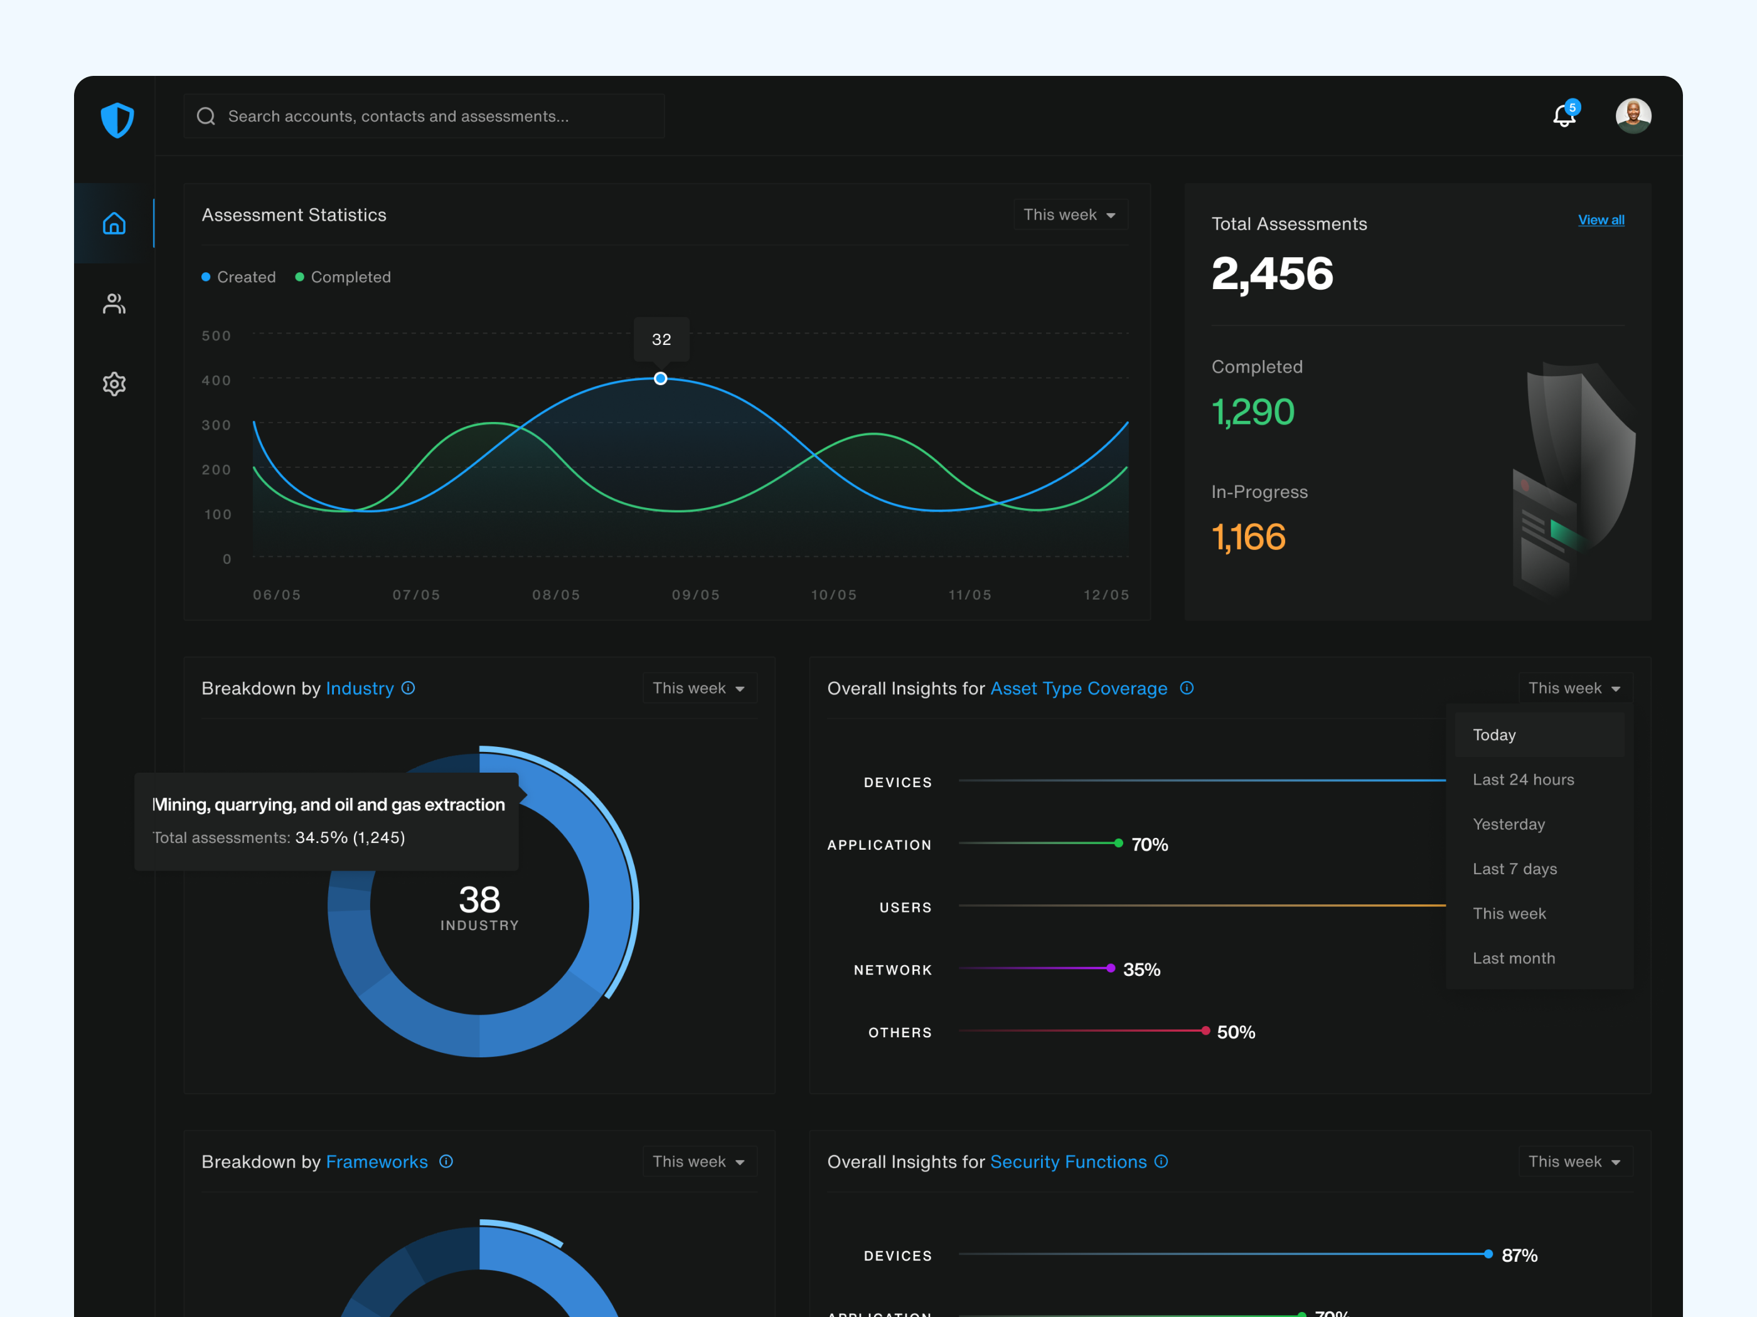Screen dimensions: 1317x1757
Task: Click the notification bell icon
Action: point(1563,117)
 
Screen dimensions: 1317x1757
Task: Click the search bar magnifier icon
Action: point(206,117)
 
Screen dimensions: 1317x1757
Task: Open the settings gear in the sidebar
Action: point(114,384)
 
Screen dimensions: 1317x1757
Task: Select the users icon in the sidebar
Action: point(114,304)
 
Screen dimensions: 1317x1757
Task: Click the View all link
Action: point(1601,220)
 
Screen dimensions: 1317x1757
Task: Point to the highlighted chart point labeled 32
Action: point(660,379)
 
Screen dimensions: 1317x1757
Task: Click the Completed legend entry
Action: point(343,277)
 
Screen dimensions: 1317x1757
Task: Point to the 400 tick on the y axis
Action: point(216,380)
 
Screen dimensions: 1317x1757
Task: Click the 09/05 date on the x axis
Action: point(696,595)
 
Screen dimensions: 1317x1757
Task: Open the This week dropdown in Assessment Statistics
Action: point(1069,214)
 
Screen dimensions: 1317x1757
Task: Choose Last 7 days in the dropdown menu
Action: point(1514,869)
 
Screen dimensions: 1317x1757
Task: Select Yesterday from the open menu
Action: point(1509,824)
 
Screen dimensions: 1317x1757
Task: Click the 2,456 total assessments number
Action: point(1272,274)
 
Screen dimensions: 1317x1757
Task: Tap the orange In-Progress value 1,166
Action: point(1248,537)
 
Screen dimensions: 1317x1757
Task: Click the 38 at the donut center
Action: point(479,899)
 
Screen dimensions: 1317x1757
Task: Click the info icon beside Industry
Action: point(409,688)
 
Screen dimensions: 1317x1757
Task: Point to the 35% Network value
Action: point(1141,970)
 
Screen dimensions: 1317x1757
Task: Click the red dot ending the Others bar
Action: point(1205,1030)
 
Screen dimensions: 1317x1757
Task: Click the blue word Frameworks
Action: point(376,1161)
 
